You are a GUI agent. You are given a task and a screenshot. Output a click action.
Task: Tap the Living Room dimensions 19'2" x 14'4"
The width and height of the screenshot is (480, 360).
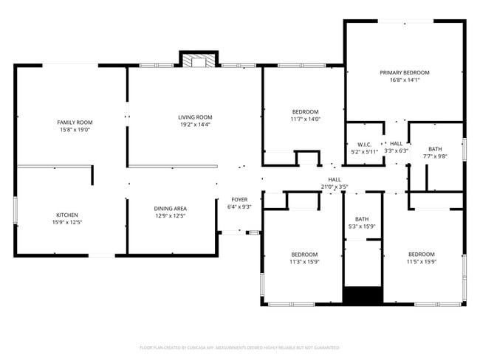(x=195, y=125)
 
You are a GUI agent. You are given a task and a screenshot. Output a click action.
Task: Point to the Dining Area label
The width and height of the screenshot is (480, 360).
(x=170, y=209)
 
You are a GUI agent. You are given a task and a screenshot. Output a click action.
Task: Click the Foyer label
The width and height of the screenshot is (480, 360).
(x=239, y=199)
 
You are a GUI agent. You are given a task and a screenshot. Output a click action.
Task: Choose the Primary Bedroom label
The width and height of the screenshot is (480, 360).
(x=405, y=72)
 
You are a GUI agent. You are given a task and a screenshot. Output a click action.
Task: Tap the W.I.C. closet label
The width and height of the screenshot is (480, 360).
(x=363, y=144)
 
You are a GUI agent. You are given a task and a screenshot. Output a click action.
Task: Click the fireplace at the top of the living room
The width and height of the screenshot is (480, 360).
(x=199, y=61)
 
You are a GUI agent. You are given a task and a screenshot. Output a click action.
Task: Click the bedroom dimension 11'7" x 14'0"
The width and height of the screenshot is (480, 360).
(x=304, y=119)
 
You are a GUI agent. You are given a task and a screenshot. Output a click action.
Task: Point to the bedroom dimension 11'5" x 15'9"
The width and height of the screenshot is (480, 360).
(x=422, y=261)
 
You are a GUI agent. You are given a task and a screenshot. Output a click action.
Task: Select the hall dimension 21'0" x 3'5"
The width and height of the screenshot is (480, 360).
(x=335, y=187)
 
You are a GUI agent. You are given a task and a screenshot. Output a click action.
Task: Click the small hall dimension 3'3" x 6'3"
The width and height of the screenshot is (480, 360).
(x=397, y=150)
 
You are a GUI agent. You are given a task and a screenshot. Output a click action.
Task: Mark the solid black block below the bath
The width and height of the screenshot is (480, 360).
(x=363, y=295)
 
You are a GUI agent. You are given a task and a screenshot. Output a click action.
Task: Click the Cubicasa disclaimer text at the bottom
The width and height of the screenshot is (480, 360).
(x=239, y=347)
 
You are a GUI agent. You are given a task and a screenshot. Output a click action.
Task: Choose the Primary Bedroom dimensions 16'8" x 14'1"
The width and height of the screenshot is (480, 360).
(x=405, y=80)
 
